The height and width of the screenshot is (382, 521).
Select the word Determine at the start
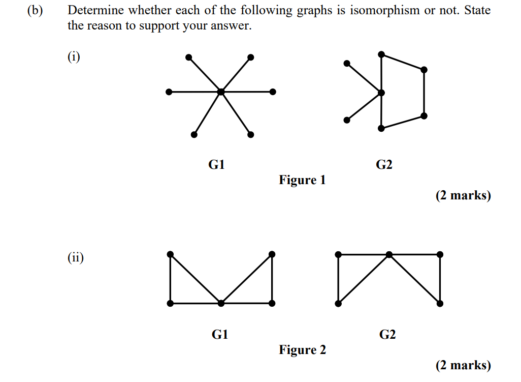(x=95, y=10)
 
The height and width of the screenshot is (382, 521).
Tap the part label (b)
(x=35, y=11)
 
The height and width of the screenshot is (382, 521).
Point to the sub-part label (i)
(x=74, y=56)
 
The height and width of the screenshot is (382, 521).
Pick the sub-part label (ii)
(x=76, y=257)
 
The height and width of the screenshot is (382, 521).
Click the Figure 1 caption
(x=302, y=180)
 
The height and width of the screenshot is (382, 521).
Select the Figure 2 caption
(x=302, y=350)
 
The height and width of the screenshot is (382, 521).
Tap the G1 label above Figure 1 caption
(x=217, y=164)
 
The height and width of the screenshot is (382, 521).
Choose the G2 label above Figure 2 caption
(x=387, y=334)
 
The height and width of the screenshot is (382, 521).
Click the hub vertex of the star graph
(x=221, y=92)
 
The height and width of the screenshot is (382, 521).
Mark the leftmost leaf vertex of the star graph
(x=169, y=92)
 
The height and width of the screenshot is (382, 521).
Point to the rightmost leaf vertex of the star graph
(x=273, y=92)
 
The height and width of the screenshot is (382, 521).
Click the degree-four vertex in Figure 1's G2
(x=381, y=93)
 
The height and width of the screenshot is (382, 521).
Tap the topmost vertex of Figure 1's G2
(x=381, y=54)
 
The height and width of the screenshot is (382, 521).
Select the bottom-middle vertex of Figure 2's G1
(x=221, y=303)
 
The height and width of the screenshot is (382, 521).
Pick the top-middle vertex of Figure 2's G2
(x=389, y=255)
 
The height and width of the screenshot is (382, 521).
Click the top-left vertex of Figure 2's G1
(x=170, y=254)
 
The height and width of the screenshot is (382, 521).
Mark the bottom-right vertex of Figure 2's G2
(x=440, y=304)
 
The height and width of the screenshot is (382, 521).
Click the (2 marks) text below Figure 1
(x=463, y=195)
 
